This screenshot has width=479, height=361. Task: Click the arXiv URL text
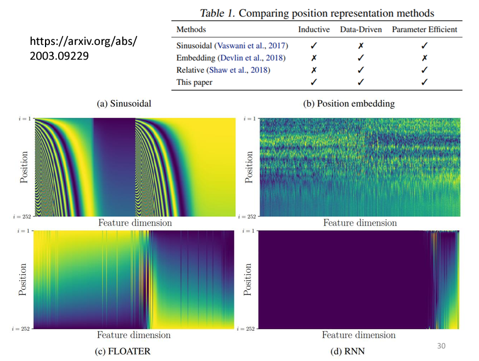tap(83, 49)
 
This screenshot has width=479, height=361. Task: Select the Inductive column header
tap(314, 29)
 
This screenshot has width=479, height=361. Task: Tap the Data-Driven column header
tap(360, 29)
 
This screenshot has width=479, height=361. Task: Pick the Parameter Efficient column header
tap(424, 29)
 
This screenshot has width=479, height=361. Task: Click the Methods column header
tap(192, 29)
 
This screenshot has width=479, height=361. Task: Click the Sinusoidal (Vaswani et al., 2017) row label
tap(232, 46)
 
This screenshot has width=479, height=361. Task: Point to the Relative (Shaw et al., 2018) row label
tap(223, 70)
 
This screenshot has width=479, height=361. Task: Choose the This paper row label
tap(194, 82)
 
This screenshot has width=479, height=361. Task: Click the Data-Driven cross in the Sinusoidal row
tap(360, 46)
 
